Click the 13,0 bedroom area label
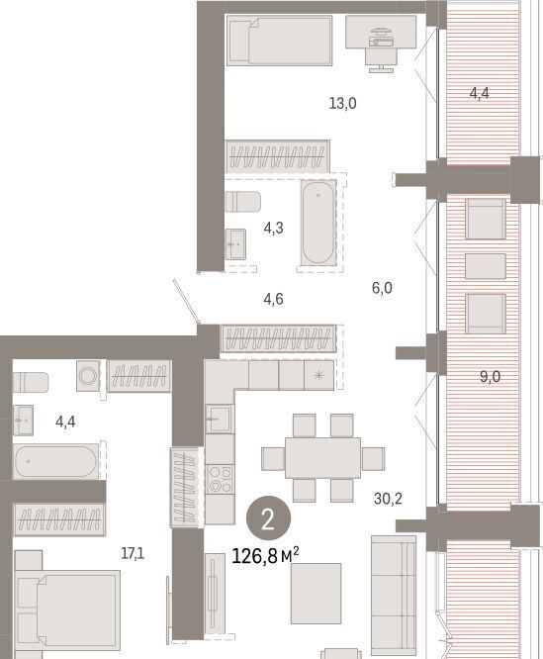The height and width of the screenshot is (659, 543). (342, 103)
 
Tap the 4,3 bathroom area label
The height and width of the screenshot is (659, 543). (273, 229)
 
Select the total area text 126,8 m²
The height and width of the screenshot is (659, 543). (265, 556)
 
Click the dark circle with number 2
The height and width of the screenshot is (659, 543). (268, 519)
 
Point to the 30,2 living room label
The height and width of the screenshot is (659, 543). (388, 499)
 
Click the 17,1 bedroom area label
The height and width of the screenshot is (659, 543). (133, 554)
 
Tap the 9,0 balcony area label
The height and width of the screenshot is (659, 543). (491, 377)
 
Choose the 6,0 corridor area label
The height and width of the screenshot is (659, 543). (382, 288)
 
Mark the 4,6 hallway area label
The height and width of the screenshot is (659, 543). (273, 299)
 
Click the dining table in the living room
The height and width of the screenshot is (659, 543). (322, 458)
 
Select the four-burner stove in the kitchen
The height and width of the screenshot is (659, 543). (220, 480)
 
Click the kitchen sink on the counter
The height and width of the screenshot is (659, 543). (220, 419)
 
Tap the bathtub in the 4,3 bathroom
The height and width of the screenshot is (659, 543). (318, 223)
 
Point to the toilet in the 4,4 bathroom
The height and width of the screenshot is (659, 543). (31, 383)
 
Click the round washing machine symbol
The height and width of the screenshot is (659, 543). (88, 376)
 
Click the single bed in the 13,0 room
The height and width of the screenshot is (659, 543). (280, 41)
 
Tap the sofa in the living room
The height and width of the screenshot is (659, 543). (394, 596)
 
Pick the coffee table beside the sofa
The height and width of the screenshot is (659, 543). (316, 594)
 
